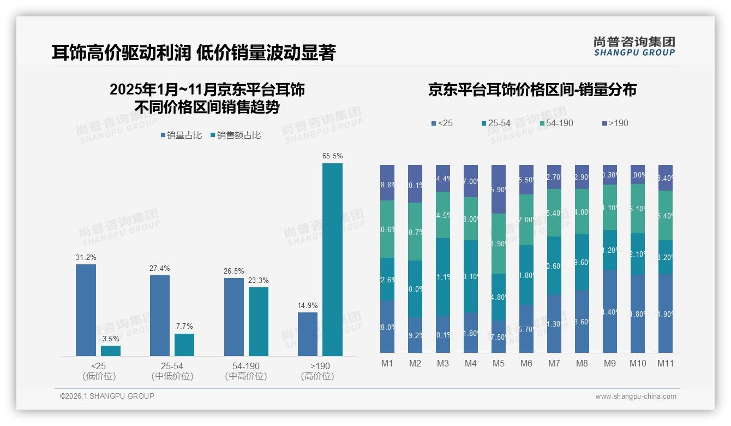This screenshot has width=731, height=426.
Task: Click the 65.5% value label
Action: click(332, 156)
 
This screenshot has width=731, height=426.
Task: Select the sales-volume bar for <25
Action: click(86, 310)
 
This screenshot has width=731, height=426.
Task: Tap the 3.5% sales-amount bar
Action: click(111, 351)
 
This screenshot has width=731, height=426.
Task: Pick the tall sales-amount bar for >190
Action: click(332, 259)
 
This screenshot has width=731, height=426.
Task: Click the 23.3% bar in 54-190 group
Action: click(259, 321)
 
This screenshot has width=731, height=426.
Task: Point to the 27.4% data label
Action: click(159, 269)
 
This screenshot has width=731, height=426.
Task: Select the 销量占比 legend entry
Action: click(181, 135)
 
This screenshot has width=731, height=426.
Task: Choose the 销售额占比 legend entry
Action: click(235, 135)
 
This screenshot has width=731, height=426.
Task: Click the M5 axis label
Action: click(498, 364)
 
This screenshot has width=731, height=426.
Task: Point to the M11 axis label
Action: click(665, 364)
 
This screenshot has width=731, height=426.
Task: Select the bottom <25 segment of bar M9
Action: click(610, 311)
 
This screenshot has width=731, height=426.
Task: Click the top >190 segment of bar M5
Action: click(498, 189)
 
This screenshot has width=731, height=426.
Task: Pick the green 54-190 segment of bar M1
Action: click(387, 229)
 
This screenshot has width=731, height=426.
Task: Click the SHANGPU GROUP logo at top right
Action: click(634, 46)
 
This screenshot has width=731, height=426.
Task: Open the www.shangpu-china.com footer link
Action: click(636, 397)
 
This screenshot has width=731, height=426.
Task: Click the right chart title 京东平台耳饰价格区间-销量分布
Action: click(532, 90)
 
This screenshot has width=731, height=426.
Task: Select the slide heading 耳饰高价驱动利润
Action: click(121, 53)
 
